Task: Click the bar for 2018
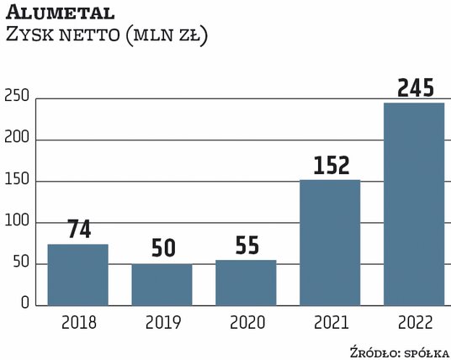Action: point(77,274)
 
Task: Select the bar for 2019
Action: point(162,284)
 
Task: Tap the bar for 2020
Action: point(246,282)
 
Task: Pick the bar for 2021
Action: point(330,242)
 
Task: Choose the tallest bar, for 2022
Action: point(414,204)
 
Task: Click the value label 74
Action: point(77,229)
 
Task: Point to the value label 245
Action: point(414,87)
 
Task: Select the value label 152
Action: point(330,165)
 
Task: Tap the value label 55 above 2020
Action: point(246,246)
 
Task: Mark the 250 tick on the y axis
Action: point(16,99)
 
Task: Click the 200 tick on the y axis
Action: point(16,140)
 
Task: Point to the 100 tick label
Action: point(16,223)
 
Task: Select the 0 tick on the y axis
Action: point(25,304)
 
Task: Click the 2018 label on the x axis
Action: point(77,322)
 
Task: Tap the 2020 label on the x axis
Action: point(246,322)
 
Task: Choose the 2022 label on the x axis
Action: point(414,322)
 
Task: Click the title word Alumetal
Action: point(56,14)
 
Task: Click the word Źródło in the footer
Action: point(374,350)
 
